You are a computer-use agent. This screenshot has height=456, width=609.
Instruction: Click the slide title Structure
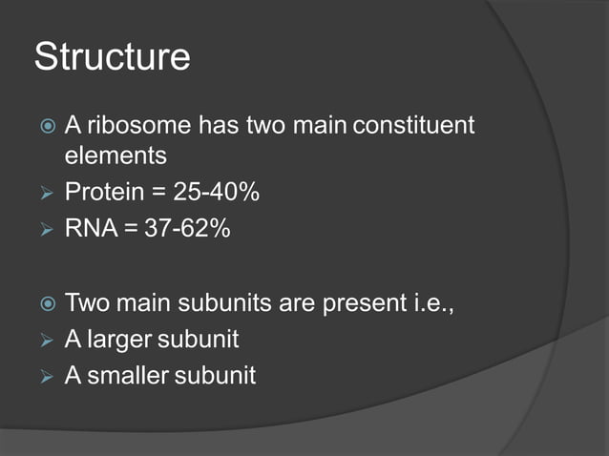(x=112, y=57)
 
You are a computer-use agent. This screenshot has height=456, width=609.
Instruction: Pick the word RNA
(x=89, y=230)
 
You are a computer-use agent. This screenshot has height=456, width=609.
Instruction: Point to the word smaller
(x=128, y=376)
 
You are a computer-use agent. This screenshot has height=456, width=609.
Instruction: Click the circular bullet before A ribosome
(x=44, y=126)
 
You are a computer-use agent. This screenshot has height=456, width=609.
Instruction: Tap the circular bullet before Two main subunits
(x=44, y=305)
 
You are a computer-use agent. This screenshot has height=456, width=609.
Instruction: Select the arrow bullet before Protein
(x=44, y=194)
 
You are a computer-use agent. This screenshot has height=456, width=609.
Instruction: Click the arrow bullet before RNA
(x=44, y=231)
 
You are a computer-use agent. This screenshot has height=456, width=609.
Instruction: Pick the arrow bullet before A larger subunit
(x=44, y=341)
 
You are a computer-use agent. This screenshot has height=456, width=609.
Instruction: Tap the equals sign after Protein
(x=157, y=194)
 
